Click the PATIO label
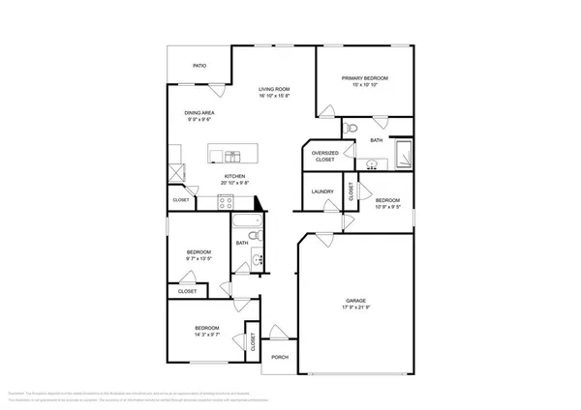coord(199,66)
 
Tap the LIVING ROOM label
coord(274,89)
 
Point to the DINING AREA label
coord(199,113)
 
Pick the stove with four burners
coord(227,201)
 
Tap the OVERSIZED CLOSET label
coord(323,157)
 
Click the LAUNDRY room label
coord(322,191)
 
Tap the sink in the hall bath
coord(257,257)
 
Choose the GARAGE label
coord(356,301)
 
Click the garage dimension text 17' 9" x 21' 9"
coord(356,308)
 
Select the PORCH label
coord(280,356)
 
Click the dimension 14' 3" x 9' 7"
coord(205,335)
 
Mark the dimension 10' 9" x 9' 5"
coord(387,205)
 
